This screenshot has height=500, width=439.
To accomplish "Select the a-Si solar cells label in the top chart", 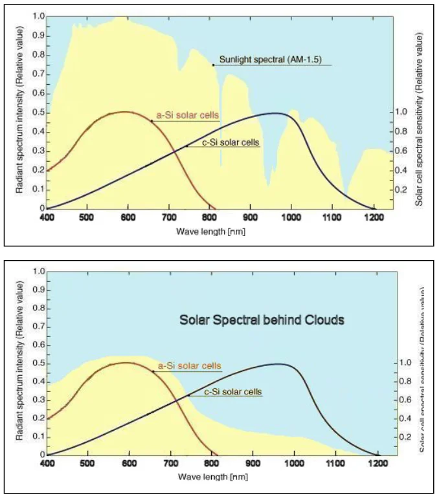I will (186, 116).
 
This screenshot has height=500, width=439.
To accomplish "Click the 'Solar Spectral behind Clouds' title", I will (262, 319).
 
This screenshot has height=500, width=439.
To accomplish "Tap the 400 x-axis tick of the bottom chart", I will (48, 464).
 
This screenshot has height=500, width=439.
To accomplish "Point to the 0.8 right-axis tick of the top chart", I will (400, 131).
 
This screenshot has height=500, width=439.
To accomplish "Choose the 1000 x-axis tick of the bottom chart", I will (294, 464).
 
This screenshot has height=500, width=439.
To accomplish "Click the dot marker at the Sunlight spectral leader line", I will (213, 65).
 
